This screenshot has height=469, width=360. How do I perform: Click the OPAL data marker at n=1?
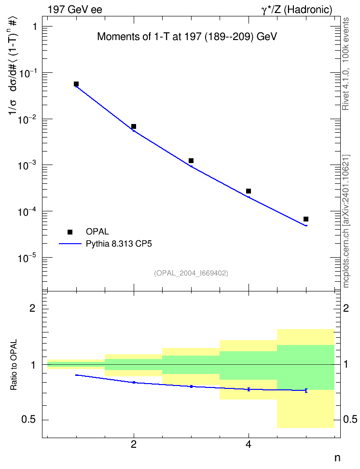pos(76,84)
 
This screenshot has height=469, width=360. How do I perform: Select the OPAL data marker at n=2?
pos(134,126)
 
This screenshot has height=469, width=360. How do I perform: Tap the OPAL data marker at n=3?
pos(191,161)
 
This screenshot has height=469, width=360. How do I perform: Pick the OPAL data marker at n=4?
pos(249,191)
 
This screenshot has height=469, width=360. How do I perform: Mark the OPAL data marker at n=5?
pos(306,219)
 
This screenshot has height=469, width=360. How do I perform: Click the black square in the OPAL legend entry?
pos(70,232)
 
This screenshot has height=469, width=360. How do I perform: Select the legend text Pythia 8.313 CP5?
pos(119,244)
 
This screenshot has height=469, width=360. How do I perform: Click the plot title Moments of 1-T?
pos(187,37)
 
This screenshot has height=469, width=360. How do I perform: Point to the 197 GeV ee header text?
pos(75,10)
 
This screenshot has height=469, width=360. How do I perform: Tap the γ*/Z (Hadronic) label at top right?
pos(297,10)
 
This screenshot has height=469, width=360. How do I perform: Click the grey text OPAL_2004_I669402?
pos(191,273)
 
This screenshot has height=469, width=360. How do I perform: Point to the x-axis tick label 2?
pos(134,444)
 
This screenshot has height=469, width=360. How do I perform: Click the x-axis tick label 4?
pos(249,444)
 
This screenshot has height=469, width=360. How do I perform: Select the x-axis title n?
pos(337,458)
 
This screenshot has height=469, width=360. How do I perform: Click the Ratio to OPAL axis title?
pos(14,365)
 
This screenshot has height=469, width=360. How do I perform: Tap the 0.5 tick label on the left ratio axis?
pos(29,419)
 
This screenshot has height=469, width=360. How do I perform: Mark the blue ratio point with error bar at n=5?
pos(306,390)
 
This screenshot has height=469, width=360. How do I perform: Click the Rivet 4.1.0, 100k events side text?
pos(346,64)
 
